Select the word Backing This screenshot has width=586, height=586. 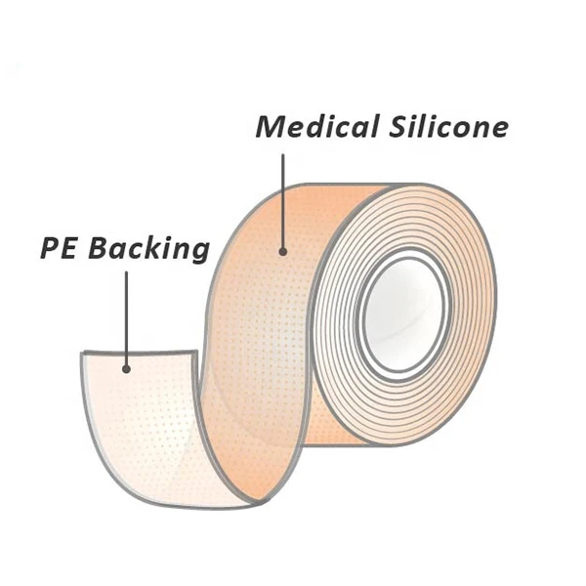click(148, 248)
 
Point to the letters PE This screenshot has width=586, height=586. click(60, 247)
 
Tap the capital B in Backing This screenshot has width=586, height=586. click(99, 247)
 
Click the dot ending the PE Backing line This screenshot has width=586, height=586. click(126, 368)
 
